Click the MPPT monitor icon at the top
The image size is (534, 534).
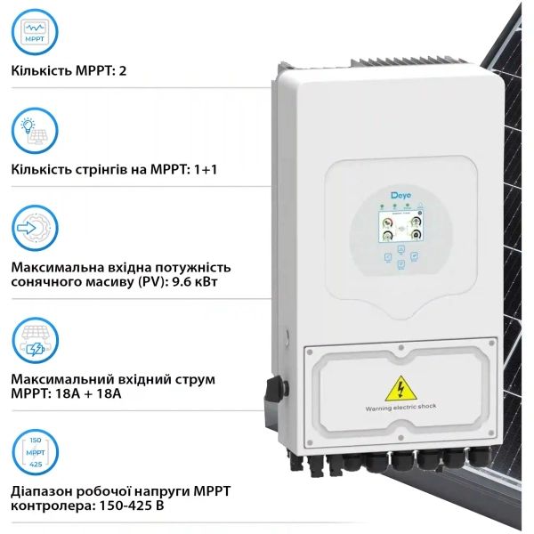(36, 33)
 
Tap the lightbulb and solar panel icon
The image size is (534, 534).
(36, 131)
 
